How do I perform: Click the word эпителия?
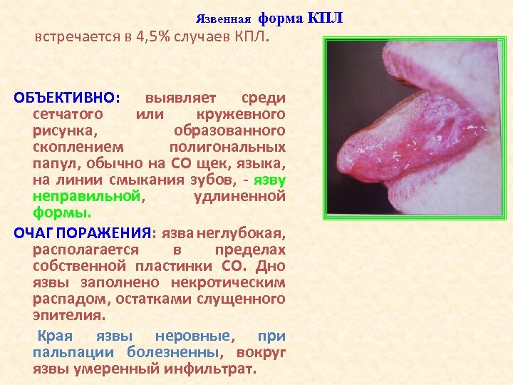[x=68, y=315]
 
